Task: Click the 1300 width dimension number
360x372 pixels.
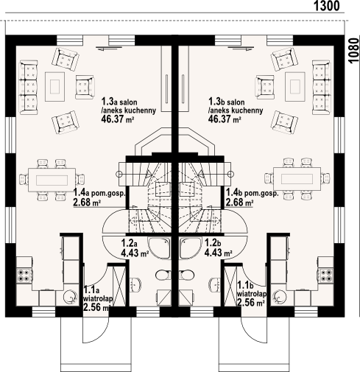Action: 326,7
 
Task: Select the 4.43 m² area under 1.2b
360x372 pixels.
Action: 217,253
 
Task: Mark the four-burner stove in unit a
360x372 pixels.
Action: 24,277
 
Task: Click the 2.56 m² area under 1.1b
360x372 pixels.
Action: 249,303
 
